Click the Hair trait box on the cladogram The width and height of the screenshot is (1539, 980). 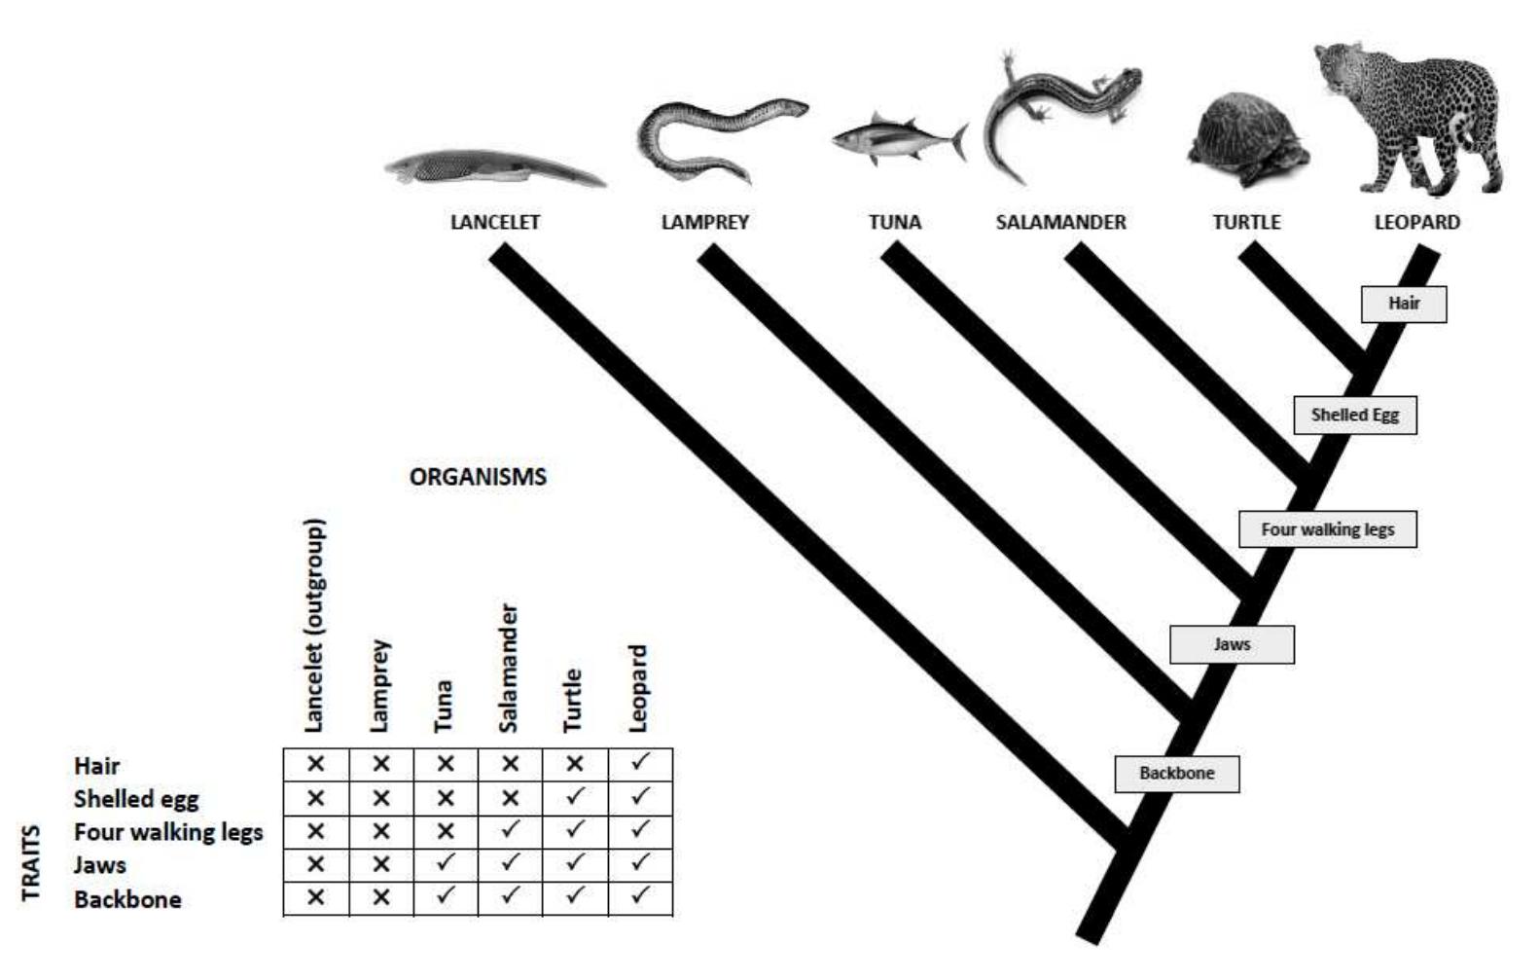click(1403, 304)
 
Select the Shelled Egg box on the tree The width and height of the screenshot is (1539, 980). click(1354, 416)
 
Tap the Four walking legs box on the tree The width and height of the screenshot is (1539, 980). click(1327, 529)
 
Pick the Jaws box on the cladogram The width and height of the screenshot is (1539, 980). click(1232, 644)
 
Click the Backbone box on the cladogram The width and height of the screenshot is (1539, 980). click(1176, 774)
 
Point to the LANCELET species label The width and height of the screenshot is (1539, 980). click(494, 222)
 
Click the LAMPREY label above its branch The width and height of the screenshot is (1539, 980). click(704, 222)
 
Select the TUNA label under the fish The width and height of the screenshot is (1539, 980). click(894, 222)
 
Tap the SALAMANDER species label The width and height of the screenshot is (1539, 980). click(1060, 222)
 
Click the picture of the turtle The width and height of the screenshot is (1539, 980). click(1245, 141)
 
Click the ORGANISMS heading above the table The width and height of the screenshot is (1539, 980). click(478, 477)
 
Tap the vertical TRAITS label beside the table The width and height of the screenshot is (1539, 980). click(32, 862)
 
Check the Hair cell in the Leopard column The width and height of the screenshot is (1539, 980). click(639, 764)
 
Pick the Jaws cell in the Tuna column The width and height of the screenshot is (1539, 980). click(446, 864)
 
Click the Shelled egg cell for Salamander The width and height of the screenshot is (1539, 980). click(510, 798)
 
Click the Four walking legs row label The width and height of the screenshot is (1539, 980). click(168, 832)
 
